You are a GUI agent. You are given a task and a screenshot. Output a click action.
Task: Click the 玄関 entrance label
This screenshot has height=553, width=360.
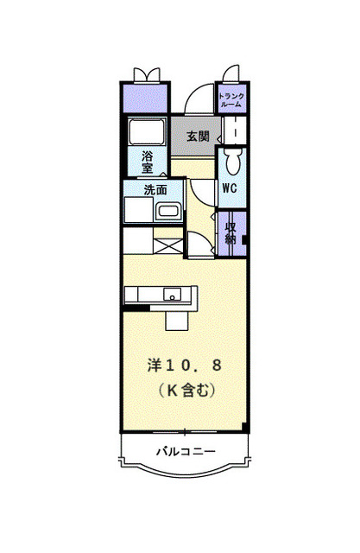pyautogui.click(x=197, y=136)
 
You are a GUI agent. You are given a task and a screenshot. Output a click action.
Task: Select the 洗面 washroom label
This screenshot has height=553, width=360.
pyautogui.click(x=155, y=190)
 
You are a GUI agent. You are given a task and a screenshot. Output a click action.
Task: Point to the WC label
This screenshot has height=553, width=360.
pyautogui.click(x=230, y=188)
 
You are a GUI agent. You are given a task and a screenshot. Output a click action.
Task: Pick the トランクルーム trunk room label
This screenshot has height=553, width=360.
pyautogui.click(x=231, y=99)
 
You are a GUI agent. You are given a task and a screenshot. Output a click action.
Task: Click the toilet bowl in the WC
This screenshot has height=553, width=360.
pyautogui.click(x=231, y=161)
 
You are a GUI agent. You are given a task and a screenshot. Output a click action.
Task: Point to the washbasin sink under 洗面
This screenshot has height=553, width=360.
pyautogui.click(x=168, y=212)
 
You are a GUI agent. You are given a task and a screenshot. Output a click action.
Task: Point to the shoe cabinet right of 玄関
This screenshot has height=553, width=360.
pyautogui.click(x=234, y=131)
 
